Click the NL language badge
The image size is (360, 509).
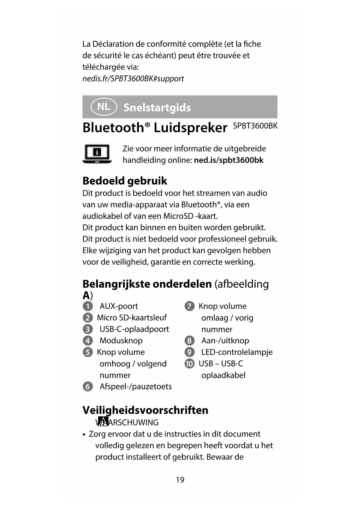click(104, 107)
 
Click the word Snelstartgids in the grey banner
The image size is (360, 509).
click(157, 108)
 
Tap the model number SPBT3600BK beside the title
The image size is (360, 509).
click(255, 126)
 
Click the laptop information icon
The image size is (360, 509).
click(97, 154)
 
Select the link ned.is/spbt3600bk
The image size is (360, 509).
click(229, 160)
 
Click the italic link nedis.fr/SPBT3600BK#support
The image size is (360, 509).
click(133, 79)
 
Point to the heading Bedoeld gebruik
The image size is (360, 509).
click(125, 181)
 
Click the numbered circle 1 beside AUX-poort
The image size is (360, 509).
click(88, 306)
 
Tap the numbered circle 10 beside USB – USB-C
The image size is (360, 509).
click(189, 364)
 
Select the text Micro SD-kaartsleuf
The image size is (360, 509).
click(132, 317)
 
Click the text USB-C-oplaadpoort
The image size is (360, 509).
click(134, 329)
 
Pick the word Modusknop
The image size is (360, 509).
click(121, 340)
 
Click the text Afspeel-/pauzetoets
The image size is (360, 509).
click(136, 387)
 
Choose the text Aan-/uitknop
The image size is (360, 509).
click(225, 340)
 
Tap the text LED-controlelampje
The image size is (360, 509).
click(237, 352)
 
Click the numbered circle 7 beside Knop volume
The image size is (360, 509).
click(189, 306)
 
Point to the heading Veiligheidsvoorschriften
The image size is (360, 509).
click(145, 410)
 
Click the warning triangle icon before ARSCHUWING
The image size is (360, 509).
click(103, 421)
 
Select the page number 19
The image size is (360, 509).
click(180, 480)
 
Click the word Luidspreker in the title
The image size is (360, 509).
click(190, 128)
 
